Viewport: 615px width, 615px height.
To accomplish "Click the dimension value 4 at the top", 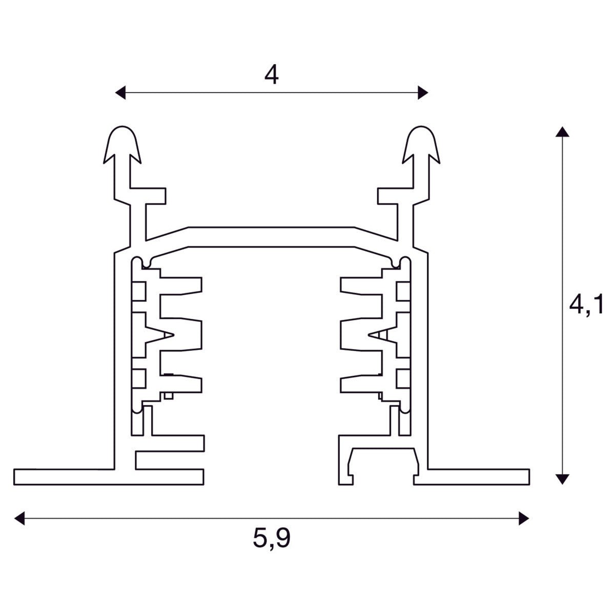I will point(272,75).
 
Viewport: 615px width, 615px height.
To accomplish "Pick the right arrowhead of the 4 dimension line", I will point(423,92).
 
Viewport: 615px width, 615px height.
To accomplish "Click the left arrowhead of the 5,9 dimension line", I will point(19,518).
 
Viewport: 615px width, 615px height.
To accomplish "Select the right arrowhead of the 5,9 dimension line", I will point(523,518).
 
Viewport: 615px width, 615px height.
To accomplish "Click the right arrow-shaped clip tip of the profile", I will point(422,141).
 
